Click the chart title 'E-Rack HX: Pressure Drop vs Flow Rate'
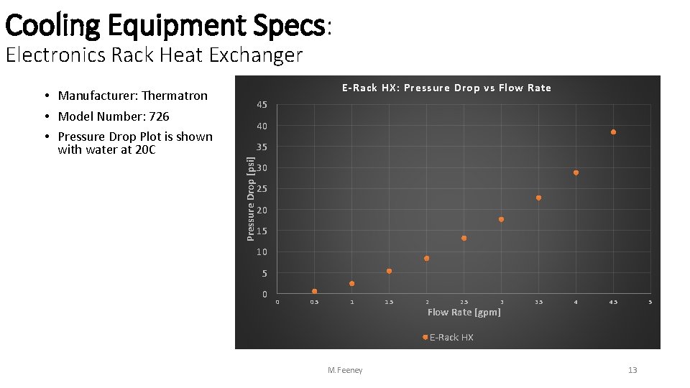click(x=446, y=88)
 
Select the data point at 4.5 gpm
click(x=613, y=132)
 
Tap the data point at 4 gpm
click(x=576, y=172)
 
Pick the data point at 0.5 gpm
click(x=314, y=291)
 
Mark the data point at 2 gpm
click(x=426, y=258)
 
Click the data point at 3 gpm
click(x=501, y=219)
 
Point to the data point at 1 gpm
click(x=351, y=283)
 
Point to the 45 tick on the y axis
click(x=262, y=106)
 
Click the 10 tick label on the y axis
click(x=262, y=252)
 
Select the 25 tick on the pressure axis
click(x=262, y=189)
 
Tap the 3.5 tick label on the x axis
click(x=538, y=302)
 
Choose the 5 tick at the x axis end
click(x=650, y=302)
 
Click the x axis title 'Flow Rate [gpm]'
click(x=464, y=312)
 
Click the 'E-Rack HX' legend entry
click(x=451, y=337)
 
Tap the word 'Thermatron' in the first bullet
click(x=174, y=96)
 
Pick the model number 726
click(x=159, y=116)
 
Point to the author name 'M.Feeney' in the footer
click(x=345, y=370)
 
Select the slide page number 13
click(x=632, y=370)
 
